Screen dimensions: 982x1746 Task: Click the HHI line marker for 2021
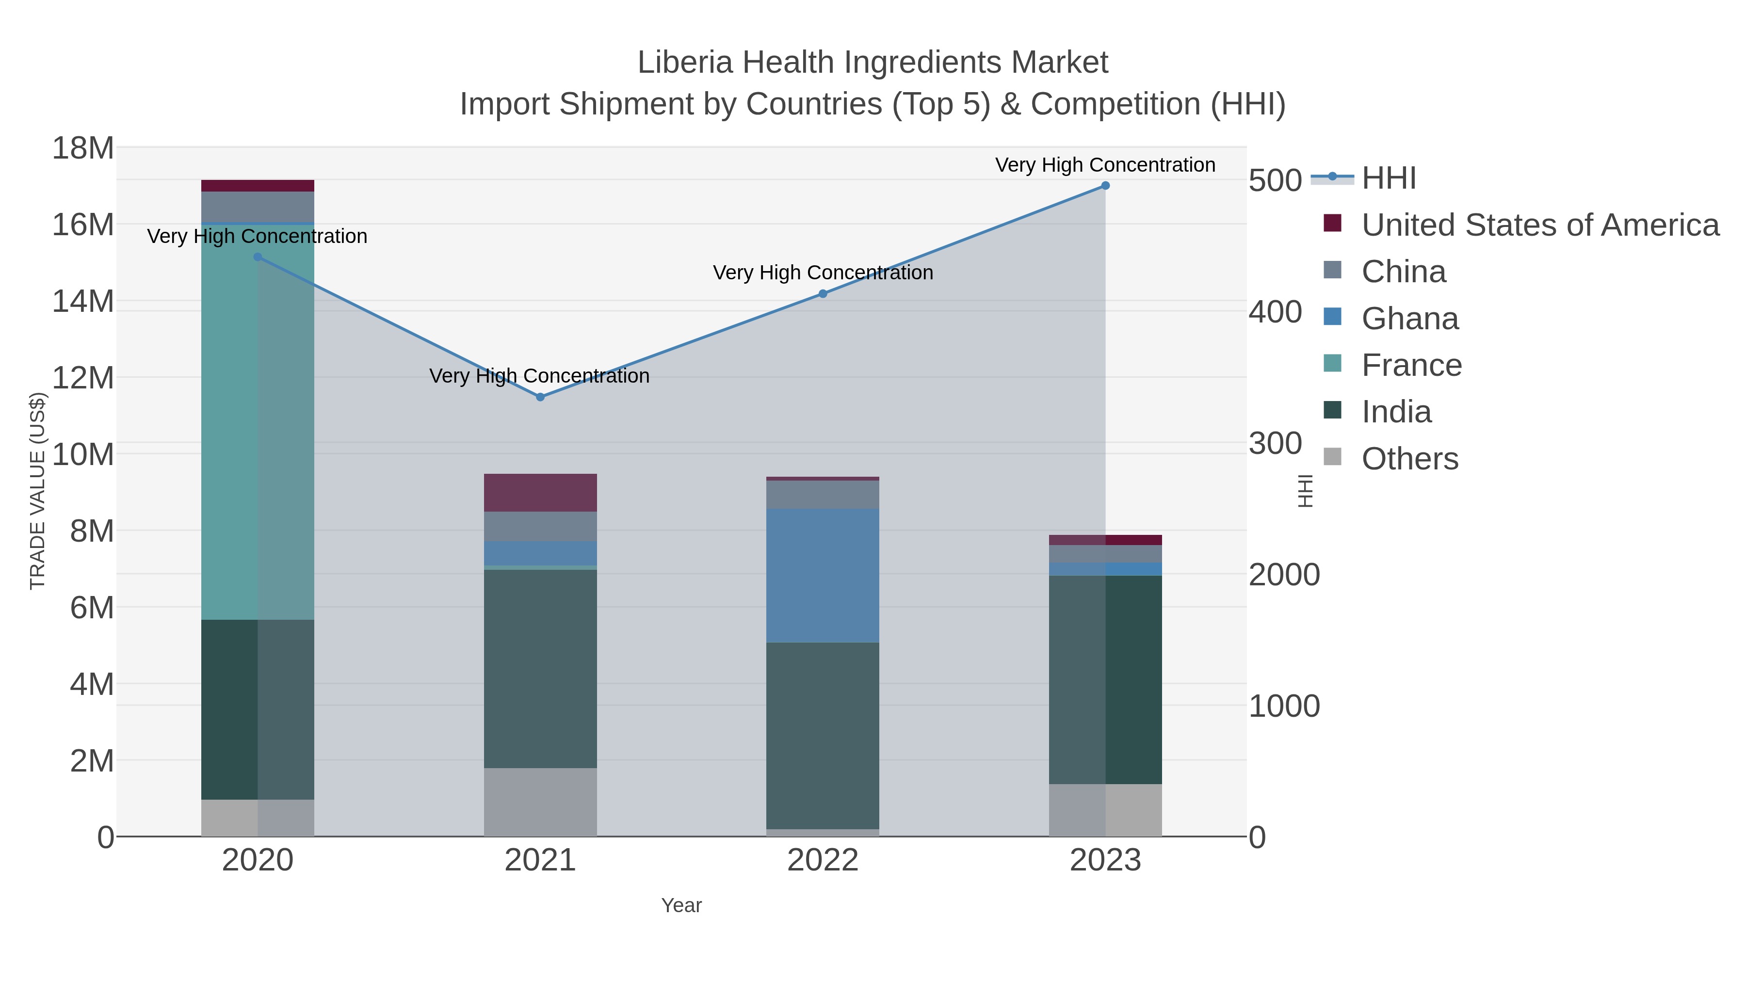pyautogui.click(x=540, y=397)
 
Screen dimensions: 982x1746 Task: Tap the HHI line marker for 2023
pyautogui.click(x=1105, y=186)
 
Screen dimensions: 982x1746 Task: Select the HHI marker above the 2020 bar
pyautogui.click(x=258, y=257)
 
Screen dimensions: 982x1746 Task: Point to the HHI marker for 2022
pyautogui.click(x=823, y=293)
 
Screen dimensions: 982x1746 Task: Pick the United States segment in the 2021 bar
pyautogui.click(x=540, y=493)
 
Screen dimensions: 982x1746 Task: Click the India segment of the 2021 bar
pyautogui.click(x=540, y=668)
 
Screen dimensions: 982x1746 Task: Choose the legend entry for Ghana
pyautogui.click(x=1410, y=319)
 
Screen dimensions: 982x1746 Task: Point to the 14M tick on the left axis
pyautogui.click(x=82, y=301)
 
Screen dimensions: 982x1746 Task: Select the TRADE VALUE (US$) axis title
pyautogui.click(x=38, y=491)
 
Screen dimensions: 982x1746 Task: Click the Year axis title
pyautogui.click(x=681, y=905)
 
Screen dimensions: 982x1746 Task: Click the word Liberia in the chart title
pyautogui.click(x=685, y=63)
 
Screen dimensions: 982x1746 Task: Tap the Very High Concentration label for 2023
pyautogui.click(x=1105, y=165)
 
